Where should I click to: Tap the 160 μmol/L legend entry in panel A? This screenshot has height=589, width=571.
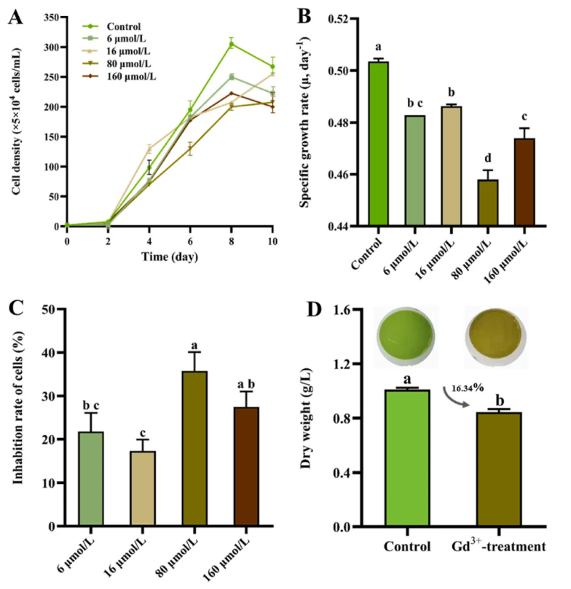(x=119, y=76)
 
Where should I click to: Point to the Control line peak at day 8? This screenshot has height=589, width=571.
(x=232, y=44)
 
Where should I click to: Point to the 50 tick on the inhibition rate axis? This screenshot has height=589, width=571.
(x=52, y=309)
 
